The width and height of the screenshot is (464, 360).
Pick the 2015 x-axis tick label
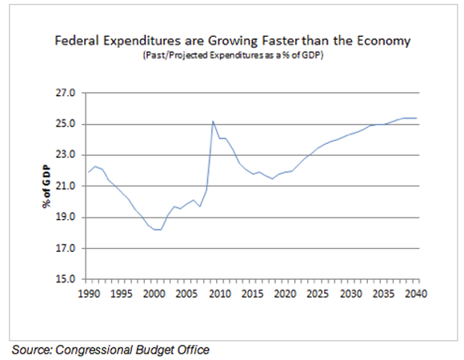coord(252,293)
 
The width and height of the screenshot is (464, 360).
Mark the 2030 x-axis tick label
coord(351,293)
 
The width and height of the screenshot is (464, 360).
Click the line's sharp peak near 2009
coord(213,121)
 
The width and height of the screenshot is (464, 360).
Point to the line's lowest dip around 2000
coord(157,230)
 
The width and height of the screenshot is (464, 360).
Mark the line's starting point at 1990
coord(88,172)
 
